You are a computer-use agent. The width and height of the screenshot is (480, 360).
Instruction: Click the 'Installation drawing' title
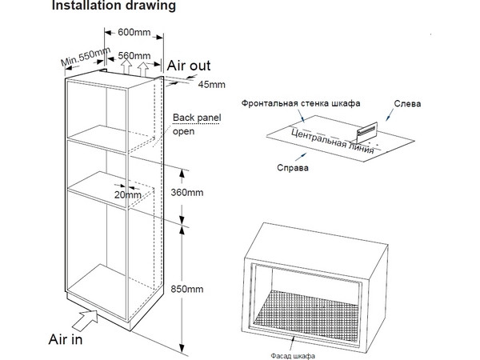(114, 7)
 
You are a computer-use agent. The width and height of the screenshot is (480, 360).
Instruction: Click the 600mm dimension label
(134, 33)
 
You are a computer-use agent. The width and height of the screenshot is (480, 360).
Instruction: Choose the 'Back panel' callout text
(197, 119)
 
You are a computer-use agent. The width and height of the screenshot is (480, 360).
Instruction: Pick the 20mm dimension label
(127, 194)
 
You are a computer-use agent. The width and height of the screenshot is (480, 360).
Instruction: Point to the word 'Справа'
(293, 168)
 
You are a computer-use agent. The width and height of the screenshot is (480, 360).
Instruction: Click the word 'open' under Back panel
(184, 133)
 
